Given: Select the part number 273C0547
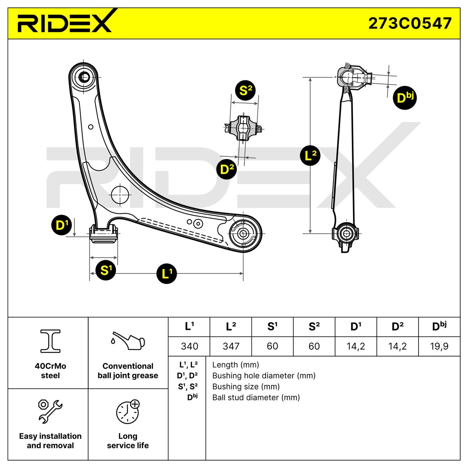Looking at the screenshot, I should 410,23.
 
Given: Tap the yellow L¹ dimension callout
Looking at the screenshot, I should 167,273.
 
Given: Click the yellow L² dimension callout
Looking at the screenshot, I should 310,156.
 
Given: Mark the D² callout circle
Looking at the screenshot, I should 227,170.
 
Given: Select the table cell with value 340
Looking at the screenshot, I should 189,346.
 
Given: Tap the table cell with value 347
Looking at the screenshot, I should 231,346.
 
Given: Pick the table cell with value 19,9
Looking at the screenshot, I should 439,346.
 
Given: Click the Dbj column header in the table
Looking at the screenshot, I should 439,327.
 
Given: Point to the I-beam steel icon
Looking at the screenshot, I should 50,340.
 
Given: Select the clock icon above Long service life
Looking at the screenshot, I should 128,411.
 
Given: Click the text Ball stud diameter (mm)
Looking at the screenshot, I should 256,397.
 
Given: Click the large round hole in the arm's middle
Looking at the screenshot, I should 120,194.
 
